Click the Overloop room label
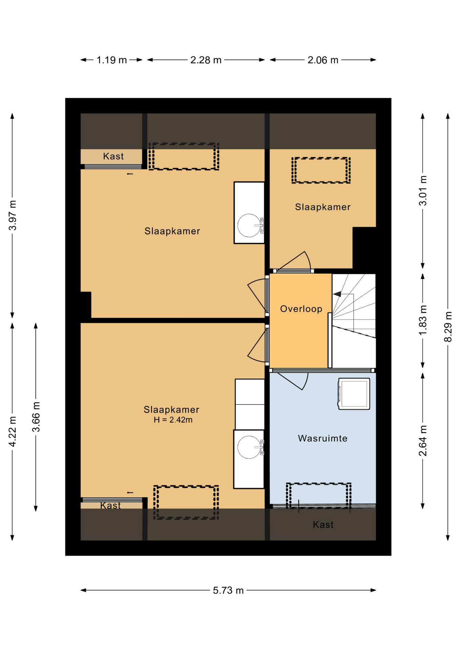coord(301,309)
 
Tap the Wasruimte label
coord(322,438)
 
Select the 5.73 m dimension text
coord(228,590)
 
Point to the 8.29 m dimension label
coord(448,327)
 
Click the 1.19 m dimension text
coord(112,60)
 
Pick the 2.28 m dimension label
coord(206,60)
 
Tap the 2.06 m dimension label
coord(323,60)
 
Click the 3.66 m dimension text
coord(36,417)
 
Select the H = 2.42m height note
coord(173,420)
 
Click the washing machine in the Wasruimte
coord(354,394)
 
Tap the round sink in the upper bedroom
coord(249,225)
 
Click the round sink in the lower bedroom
coord(249,447)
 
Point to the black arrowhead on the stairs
coord(337,294)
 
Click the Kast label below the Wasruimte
coord(323,524)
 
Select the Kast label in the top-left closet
coord(113,156)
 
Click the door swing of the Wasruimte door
coord(293,382)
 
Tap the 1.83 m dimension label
coord(423,320)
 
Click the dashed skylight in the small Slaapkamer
coord(321,170)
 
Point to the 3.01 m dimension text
coord(423,191)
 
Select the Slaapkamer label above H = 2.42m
coord(171,410)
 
